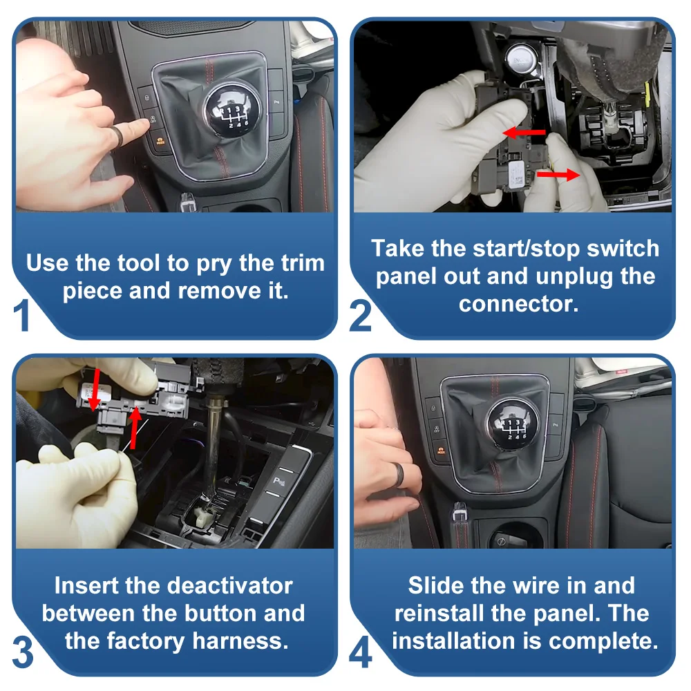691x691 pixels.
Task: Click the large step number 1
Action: tap(21, 314)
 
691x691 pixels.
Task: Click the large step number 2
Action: tap(360, 316)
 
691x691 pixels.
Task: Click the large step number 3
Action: tap(23, 652)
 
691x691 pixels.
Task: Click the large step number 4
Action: tap(361, 652)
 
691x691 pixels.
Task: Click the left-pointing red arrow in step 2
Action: tap(524, 132)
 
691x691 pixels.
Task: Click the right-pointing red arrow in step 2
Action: tap(558, 175)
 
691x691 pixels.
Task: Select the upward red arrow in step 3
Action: tap(135, 428)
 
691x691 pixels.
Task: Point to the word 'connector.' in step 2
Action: tap(518, 304)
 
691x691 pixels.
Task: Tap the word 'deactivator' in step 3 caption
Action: tap(229, 586)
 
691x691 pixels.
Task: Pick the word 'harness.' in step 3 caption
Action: tap(240, 641)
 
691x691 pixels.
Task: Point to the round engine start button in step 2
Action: tap(520, 59)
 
